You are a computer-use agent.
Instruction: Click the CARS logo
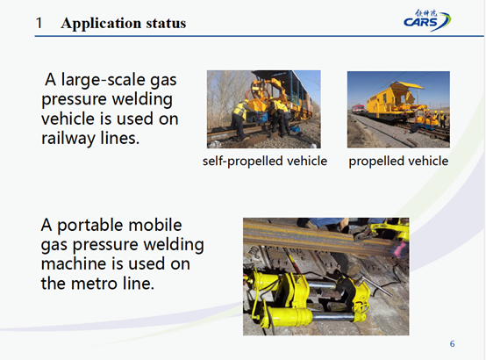427,20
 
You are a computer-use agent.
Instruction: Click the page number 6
452,344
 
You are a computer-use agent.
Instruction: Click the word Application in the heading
101,24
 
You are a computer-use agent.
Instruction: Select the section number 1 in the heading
39,23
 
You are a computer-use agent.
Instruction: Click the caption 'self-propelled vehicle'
265,161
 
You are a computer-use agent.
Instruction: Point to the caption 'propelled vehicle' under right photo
398,161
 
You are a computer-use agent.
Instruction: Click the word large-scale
103,80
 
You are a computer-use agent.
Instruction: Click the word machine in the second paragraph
74,263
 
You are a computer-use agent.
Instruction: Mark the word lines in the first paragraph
120,139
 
